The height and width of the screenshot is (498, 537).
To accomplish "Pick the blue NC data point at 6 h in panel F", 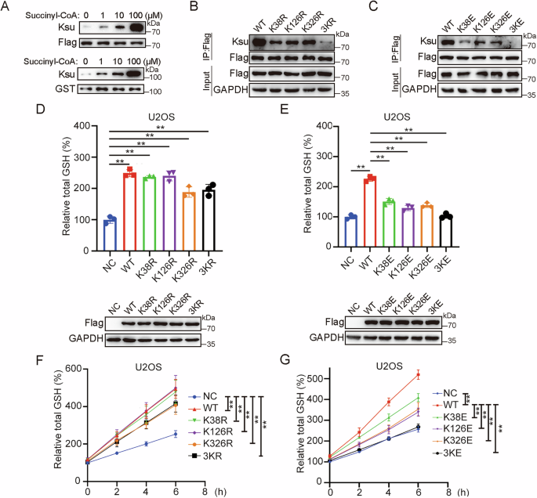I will point(175,433).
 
